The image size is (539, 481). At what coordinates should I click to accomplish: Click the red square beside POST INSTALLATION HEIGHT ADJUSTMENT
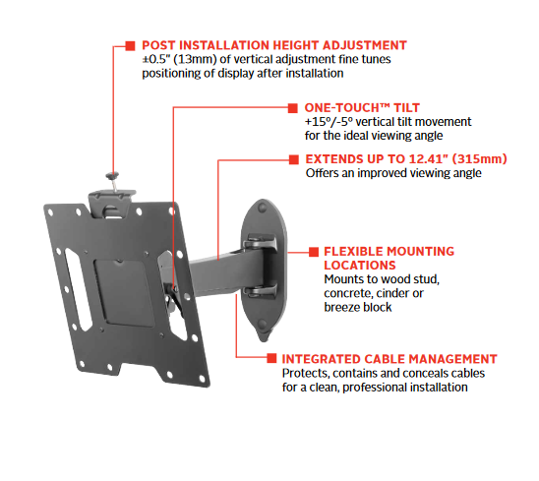130,45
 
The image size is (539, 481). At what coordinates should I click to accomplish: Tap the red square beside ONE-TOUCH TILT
292,108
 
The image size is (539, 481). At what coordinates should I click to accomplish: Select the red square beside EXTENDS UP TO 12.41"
294,159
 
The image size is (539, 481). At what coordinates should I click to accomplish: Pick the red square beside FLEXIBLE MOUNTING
314,252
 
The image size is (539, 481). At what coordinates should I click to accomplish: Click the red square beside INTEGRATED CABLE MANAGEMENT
271,358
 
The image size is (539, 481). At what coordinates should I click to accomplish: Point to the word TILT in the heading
406,108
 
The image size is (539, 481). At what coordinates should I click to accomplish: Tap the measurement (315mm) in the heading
479,159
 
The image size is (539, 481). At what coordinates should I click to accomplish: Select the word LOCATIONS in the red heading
360,266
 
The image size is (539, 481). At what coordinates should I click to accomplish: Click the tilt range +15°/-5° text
329,122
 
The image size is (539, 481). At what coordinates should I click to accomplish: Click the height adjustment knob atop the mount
112,176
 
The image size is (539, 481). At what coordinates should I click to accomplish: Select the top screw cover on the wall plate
263,208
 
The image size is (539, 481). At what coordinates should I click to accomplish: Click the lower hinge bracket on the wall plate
261,291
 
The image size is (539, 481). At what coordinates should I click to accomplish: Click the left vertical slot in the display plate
78,289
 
